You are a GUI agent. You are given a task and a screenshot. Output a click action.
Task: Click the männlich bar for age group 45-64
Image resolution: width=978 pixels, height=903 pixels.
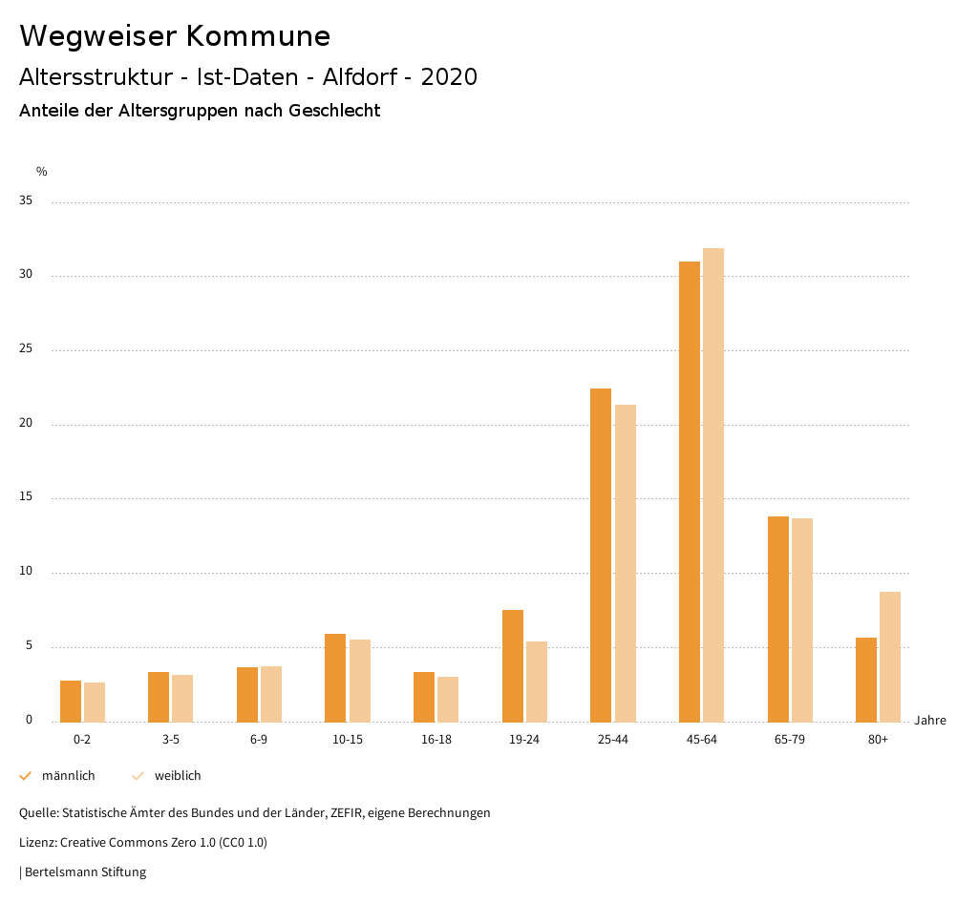pos(690,492)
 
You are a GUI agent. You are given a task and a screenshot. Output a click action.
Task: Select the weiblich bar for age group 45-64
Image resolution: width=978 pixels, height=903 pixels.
pos(713,485)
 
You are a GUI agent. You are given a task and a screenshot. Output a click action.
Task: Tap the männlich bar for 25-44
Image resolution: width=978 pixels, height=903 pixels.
pos(601,555)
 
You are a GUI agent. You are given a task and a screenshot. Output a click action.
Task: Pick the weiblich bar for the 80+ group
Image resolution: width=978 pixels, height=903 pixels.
pos(890,657)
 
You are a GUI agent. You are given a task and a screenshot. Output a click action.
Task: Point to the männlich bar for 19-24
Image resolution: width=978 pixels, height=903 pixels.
pos(513,665)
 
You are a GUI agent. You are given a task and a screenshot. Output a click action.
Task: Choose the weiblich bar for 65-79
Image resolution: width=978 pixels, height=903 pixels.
pos(802,619)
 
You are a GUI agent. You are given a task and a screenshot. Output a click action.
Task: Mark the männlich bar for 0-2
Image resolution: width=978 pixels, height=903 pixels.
pos(71,701)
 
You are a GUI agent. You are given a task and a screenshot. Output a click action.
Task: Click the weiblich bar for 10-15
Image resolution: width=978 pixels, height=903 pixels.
pos(360,681)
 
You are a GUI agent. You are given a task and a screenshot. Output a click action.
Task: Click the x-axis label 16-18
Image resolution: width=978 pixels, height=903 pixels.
pos(436,740)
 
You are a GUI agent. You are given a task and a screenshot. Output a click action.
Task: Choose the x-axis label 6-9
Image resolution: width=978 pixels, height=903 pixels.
pos(259,740)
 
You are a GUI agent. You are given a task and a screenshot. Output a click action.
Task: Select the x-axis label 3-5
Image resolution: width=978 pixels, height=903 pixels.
pos(170,740)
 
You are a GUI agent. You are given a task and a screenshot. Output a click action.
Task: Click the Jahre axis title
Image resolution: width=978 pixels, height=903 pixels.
pos(930,721)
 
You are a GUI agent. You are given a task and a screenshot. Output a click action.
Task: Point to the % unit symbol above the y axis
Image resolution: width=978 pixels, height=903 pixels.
pos(42,172)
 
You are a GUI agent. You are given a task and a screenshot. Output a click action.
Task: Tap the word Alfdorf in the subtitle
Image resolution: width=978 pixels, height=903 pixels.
pos(360,76)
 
